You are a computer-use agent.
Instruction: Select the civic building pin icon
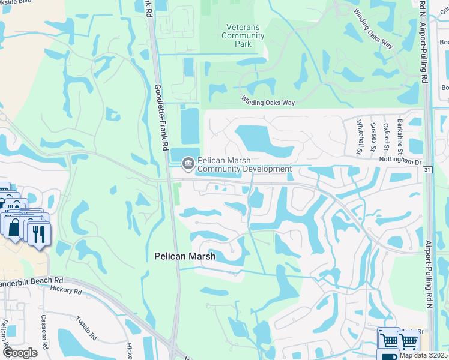point(188,162)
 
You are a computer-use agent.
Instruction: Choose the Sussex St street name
point(373,137)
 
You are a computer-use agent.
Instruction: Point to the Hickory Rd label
point(66,290)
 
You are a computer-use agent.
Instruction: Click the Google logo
point(20,353)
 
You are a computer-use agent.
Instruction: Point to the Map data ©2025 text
point(424,355)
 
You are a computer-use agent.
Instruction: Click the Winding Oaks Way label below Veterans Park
point(268,103)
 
